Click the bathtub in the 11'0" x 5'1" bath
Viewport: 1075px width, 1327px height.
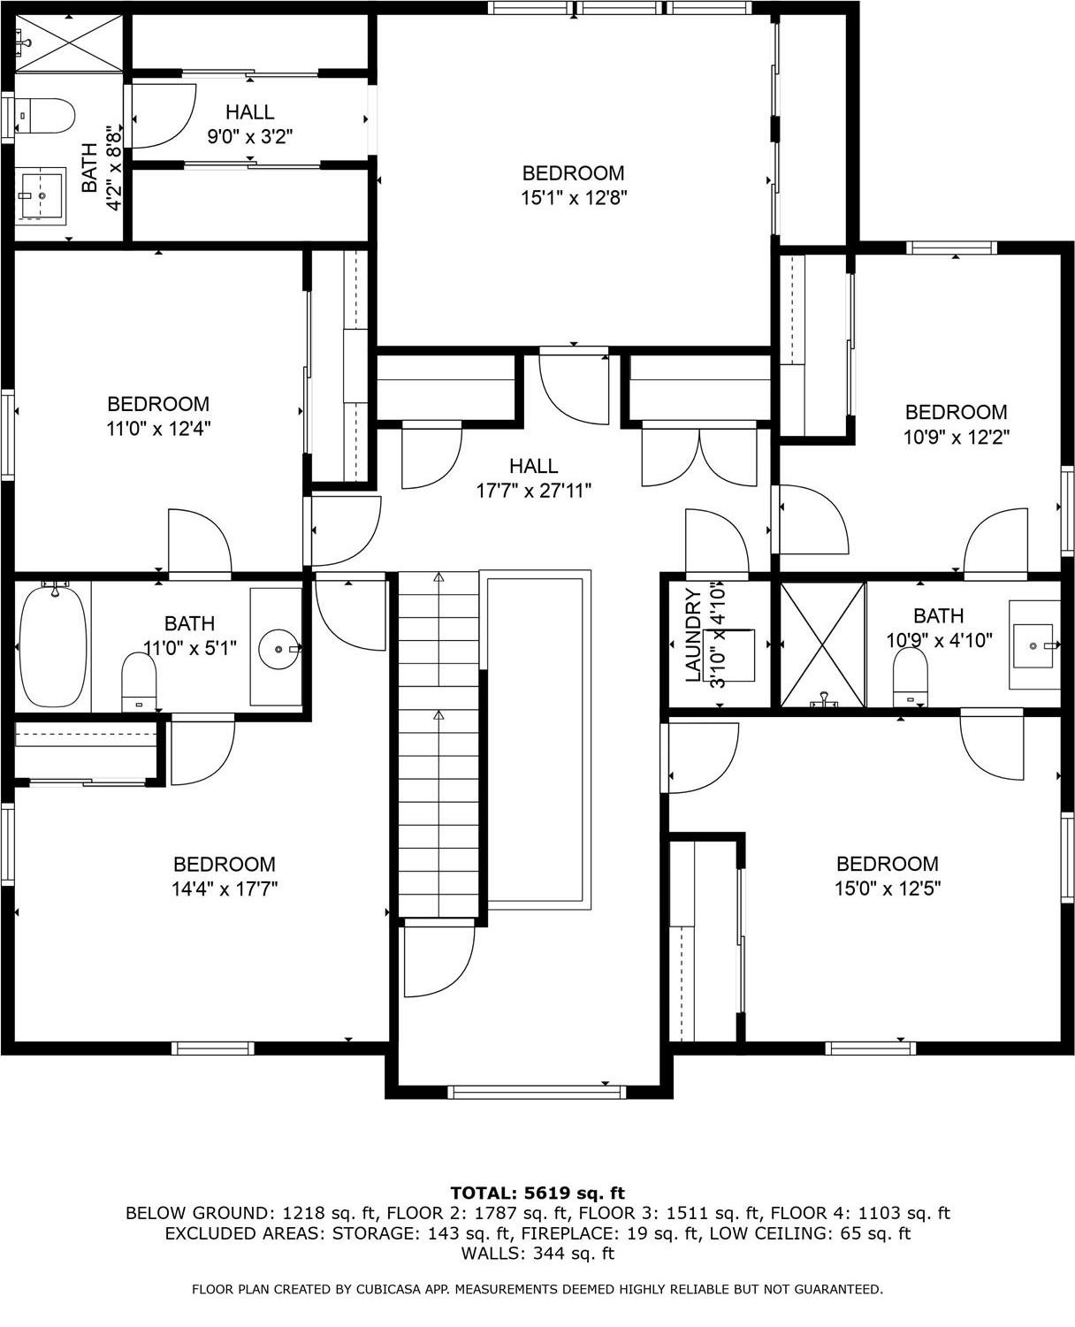click(x=54, y=644)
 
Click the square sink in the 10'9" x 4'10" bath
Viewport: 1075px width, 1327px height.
click(x=1033, y=645)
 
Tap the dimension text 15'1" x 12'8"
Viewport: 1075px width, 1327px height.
click(x=573, y=198)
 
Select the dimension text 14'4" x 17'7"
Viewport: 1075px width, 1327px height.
click(x=225, y=888)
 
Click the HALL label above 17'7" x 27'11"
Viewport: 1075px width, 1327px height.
click(x=533, y=466)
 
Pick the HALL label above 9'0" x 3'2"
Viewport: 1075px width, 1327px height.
click(x=249, y=112)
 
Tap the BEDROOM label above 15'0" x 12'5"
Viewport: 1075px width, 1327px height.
click(x=887, y=864)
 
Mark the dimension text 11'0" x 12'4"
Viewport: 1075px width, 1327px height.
click(x=158, y=429)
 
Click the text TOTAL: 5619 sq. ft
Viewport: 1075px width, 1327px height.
click(x=537, y=1193)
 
